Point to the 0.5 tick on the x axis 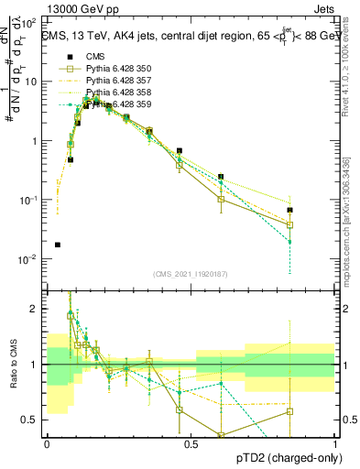click(x=191, y=443)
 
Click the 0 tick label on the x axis click(x=47, y=443)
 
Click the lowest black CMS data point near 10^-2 click(x=58, y=245)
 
